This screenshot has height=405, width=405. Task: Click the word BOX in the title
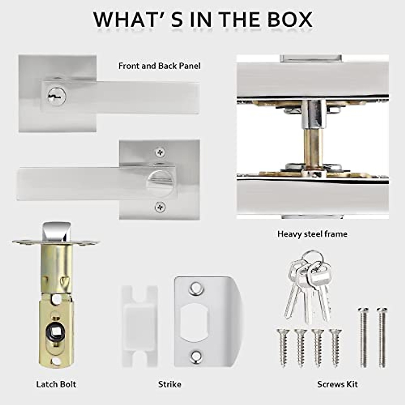tap(290, 19)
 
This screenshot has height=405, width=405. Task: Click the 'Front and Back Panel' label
tap(159, 65)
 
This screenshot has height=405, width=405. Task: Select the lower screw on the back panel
tap(160, 206)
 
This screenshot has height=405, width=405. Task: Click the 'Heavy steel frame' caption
tap(312, 234)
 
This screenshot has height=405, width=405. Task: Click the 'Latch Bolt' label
tap(56, 384)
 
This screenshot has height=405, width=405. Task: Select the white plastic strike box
tap(139, 322)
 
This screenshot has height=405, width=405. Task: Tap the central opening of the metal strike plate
tap(194, 321)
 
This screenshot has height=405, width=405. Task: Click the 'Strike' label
tap(169, 384)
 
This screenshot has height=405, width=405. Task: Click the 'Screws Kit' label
tap(337, 384)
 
